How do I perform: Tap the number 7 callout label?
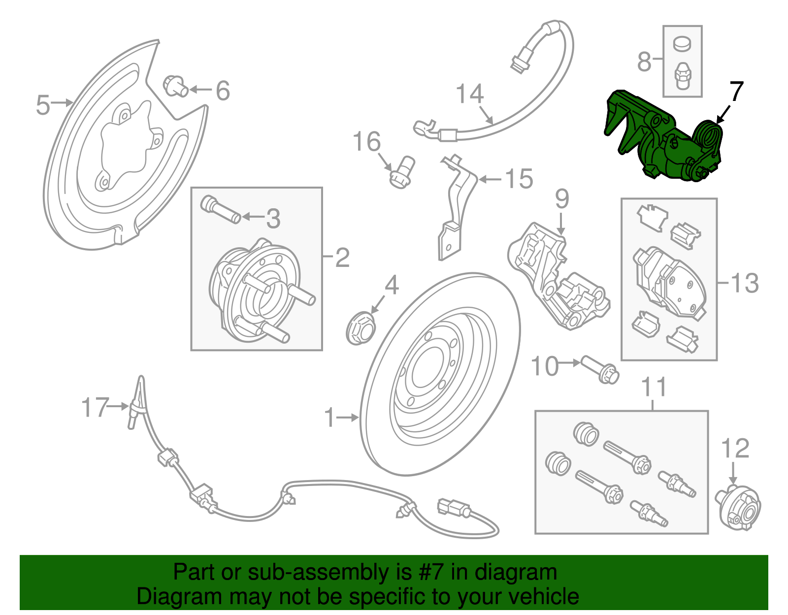point(736,92)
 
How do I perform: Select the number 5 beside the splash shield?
point(43,105)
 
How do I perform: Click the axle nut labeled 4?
point(361,329)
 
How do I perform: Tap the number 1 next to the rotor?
point(329,418)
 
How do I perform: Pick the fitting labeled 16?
point(402,172)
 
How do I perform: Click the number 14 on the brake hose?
point(469,94)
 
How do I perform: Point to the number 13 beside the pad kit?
point(745,283)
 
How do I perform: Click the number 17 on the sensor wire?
point(95,408)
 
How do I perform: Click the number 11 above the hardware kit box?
point(654,388)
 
